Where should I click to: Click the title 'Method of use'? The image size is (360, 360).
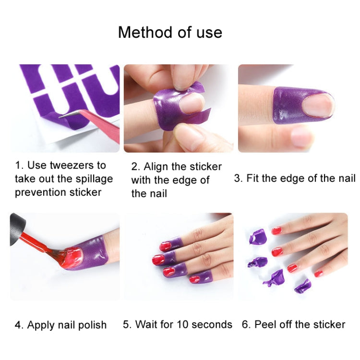pos(170,32)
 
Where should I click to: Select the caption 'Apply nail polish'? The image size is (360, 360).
pos(67,325)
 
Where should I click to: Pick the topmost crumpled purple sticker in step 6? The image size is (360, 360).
pos(257,237)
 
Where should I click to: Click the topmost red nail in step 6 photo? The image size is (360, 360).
pos(276,231)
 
